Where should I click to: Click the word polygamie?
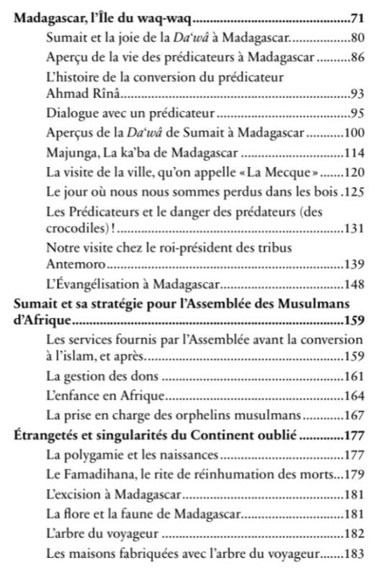(85, 456)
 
